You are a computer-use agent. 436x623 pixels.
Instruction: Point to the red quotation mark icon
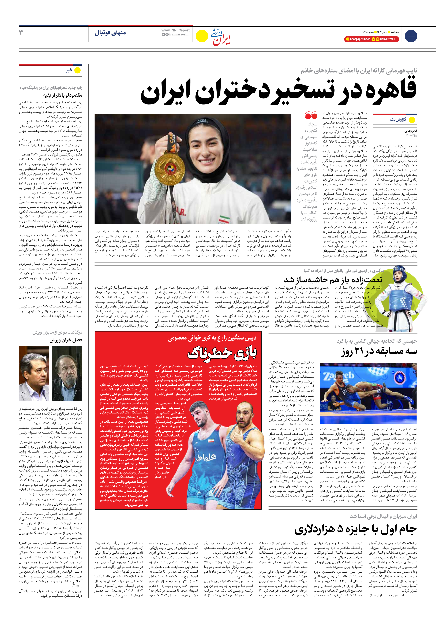tap(311, 116)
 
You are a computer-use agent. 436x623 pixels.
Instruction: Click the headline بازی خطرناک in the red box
tap(222, 353)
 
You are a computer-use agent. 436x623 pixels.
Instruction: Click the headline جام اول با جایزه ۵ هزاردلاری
tap(355, 529)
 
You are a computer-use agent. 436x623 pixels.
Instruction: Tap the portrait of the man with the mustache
tap(67, 373)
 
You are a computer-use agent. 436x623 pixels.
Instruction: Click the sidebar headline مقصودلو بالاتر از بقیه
tap(63, 95)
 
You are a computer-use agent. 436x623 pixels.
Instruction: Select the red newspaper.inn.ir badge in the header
tap(357, 39)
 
